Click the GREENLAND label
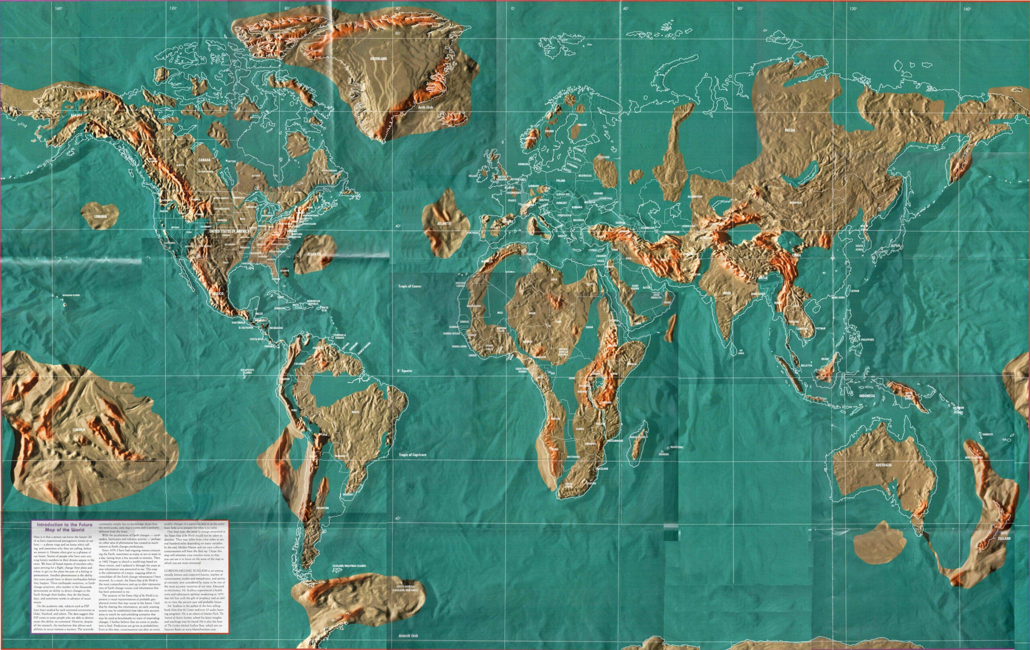[x=378, y=59]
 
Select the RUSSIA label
[x=790, y=130]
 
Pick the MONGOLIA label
[x=795, y=202]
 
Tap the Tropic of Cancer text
[x=410, y=286]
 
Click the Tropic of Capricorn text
[x=412, y=455]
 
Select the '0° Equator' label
[x=404, y=371]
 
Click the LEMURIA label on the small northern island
[x=101, y=217]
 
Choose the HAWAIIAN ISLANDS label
[x=70, y=295]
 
